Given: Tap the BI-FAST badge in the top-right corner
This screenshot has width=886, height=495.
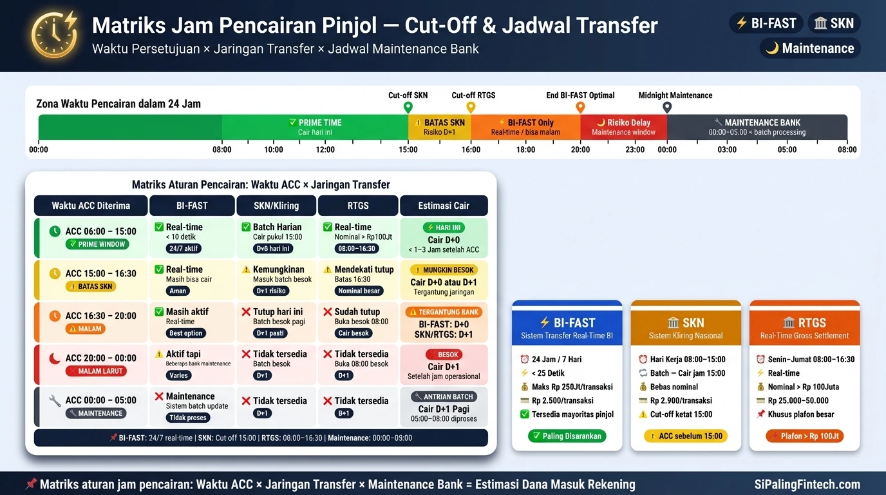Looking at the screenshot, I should point(766,23).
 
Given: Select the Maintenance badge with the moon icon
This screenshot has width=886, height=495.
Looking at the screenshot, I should point(809,48).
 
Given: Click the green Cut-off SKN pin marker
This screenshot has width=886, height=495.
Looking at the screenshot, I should point(408,107).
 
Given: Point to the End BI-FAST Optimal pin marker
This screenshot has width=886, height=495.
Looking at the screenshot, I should point(580,107).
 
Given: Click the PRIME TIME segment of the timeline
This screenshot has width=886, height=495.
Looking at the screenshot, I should point(315,127).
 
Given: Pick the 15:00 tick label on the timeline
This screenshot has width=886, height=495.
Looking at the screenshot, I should point(408,150).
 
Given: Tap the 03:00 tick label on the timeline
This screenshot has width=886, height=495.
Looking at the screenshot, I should point(727,150).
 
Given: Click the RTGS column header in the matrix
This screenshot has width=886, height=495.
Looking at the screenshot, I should point(358,206).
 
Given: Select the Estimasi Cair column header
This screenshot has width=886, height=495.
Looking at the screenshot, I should point(444,206).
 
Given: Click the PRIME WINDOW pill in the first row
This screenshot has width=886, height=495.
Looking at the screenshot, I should point(97,244).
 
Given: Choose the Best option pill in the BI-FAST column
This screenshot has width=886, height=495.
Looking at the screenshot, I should point(186,333).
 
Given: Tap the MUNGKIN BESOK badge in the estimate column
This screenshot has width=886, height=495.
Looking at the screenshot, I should point(444,270).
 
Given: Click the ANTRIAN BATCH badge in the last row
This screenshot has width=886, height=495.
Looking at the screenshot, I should point(444,397).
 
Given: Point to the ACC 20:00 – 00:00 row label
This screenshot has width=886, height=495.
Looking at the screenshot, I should point(100,358).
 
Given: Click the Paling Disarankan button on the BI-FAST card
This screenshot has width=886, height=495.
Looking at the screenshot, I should point(567,436).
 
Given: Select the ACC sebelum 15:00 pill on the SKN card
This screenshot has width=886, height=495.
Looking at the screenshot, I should point(685,436).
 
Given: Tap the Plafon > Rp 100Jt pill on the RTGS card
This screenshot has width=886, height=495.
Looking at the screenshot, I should point(804,436).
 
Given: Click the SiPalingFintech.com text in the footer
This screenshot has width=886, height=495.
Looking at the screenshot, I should point(807,484).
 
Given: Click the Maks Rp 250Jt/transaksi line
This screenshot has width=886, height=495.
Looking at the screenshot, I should point(572,387).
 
